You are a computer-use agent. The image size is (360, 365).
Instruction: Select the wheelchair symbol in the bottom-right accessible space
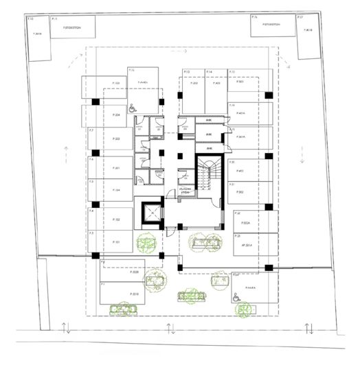coord(236,297)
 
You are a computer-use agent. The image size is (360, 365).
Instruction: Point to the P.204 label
coord(117,116)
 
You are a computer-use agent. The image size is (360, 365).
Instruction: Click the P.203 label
coord(117,140)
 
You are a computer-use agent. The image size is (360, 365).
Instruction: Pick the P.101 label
coord(117,242)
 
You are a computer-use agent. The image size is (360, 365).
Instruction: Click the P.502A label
coord(245,223)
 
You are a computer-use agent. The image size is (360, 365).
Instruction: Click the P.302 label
coord(240,193)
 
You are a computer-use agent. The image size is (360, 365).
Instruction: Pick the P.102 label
coord(117,220)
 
